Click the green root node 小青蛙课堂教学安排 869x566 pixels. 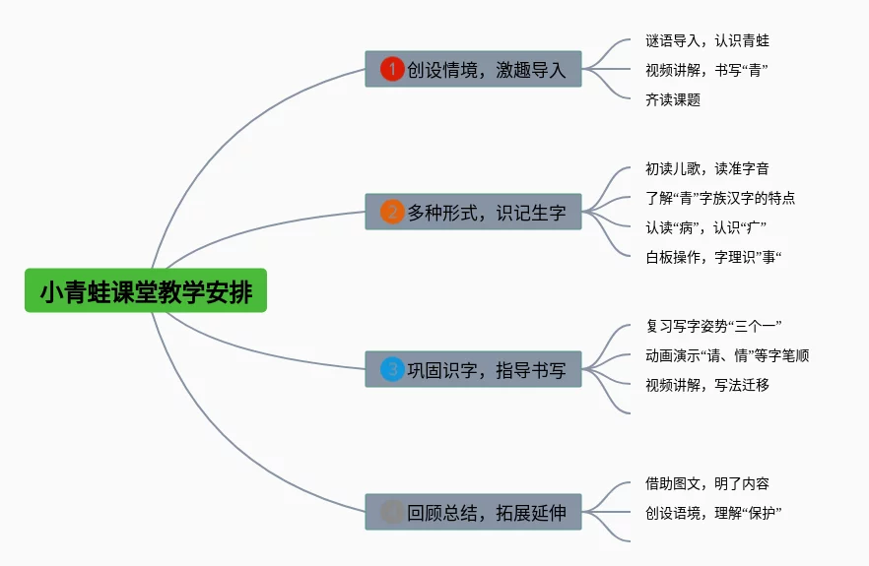point(146,291)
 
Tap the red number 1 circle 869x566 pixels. point(392,69)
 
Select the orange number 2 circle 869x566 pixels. point(392,212)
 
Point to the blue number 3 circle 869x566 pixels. point(392,369)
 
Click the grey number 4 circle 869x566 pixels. point(392,512)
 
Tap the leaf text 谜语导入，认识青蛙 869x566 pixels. point(706,40)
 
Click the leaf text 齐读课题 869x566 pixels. point(672,99)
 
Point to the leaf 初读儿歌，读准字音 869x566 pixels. point(706,169)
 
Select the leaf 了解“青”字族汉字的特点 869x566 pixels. point(719,199)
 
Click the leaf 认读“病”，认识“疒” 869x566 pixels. point(705,228)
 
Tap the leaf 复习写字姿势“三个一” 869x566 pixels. point(713,326)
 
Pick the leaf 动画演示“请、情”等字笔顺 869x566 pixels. point(726,355)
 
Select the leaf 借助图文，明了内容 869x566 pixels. point(706,483)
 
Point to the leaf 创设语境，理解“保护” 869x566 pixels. point(713,513)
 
